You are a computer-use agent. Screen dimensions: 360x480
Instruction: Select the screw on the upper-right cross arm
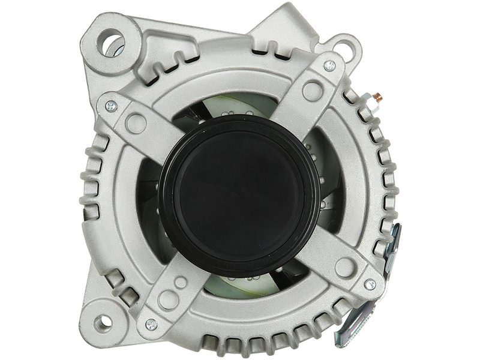(329, 64)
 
